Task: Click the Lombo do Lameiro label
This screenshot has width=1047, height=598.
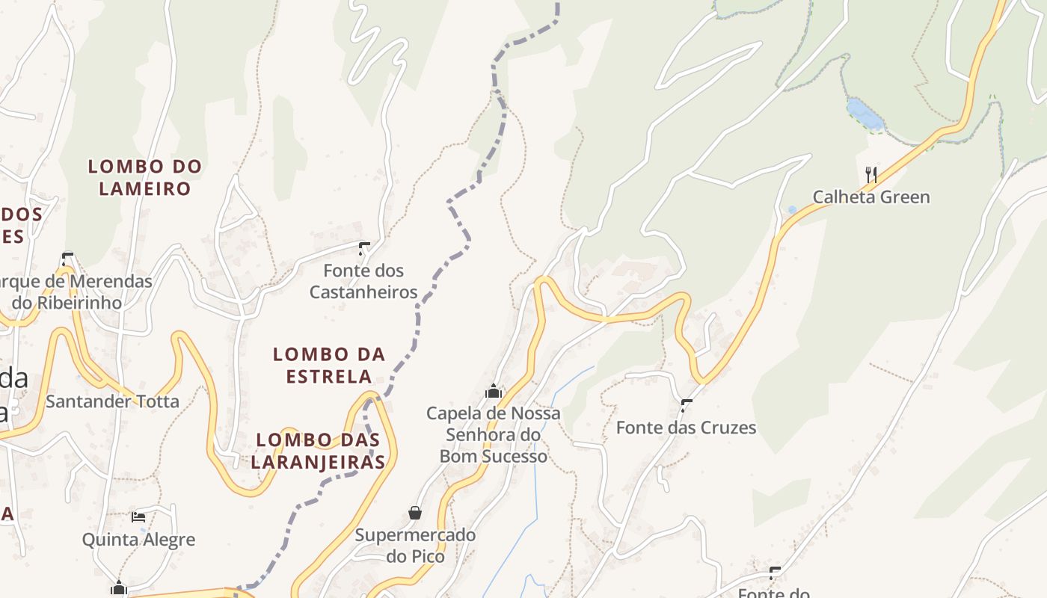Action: pos(145,177)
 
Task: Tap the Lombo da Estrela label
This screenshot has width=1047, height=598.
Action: pos(329,365)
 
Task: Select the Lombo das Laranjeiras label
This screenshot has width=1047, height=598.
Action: pos(318,451)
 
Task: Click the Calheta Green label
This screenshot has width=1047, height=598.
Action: pos(871,197)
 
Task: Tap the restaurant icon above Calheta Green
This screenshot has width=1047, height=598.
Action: pos(871,175)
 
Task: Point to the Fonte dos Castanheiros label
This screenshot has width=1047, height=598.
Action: pos(363,281)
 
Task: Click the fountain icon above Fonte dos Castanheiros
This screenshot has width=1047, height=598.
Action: pos(364,248)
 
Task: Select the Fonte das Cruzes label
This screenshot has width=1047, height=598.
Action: pos(686,428)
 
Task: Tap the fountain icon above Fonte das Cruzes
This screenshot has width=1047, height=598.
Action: pos(687,405)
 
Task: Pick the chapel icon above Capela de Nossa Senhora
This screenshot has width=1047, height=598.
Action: pos(494,391)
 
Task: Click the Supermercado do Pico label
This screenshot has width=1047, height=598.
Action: pos(415,546)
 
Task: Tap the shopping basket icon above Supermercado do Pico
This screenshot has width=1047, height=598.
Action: pos(415,513)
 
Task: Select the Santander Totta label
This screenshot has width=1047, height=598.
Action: pos(112,401)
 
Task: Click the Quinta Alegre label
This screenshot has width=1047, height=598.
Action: pos(138,540)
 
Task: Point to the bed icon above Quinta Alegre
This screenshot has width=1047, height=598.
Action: pos(138,517)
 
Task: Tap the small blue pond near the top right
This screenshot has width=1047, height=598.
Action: pos(865,114)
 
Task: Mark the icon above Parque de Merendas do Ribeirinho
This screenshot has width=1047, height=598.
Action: pos(67,259)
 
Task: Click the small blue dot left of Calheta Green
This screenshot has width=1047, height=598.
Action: pos(792,210)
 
